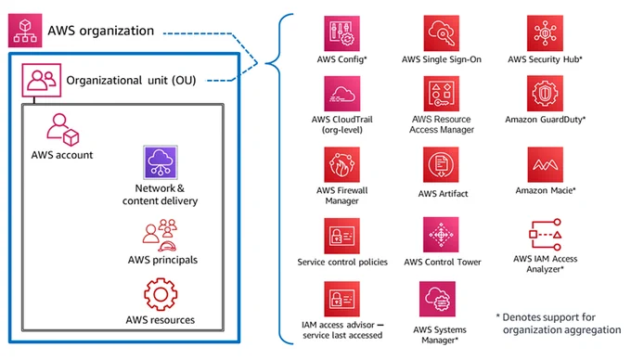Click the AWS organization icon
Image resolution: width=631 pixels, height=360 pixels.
point(25,31)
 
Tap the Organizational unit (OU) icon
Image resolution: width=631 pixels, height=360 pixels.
point(42,80)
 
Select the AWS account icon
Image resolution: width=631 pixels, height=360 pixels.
point(63,130)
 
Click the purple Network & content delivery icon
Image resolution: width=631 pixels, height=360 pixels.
point(161,162)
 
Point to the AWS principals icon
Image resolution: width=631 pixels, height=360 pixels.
point(161,235)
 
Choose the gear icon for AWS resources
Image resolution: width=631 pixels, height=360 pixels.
point(161,294)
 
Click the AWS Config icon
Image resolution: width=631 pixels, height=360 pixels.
point(341,33)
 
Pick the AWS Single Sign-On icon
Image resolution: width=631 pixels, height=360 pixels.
point(442,33)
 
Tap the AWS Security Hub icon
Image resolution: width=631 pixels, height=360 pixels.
point(545,33)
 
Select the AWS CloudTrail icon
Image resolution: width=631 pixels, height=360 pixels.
point(341,94)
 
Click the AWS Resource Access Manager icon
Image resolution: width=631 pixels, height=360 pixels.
point(442,94)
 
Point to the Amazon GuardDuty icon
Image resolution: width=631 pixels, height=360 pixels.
point(545,94)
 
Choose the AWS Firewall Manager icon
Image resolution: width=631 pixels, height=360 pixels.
point(341,164)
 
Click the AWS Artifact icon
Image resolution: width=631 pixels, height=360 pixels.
point(441,164)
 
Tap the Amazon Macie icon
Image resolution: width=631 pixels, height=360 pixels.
point(546,164)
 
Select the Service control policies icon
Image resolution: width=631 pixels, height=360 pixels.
point(341,236)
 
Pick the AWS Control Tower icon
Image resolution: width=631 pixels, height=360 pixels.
point(441,235)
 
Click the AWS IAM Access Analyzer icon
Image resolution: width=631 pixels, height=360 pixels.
point(546,235)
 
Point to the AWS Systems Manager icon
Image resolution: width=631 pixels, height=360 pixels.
point(437,299)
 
